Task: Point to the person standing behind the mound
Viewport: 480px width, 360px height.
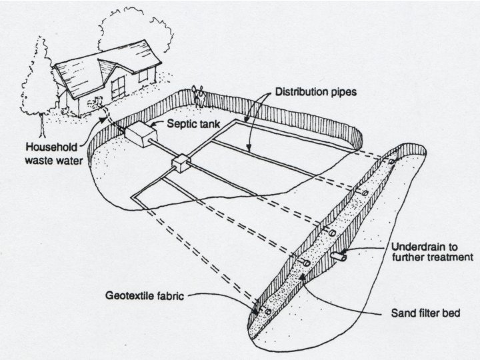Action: coord(198,96)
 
